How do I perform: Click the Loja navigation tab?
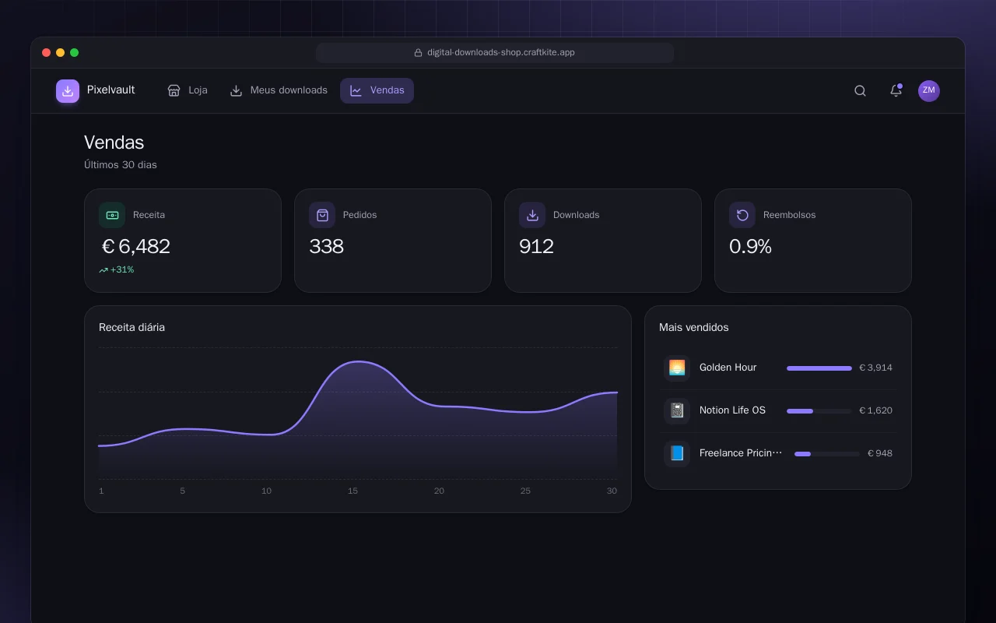click(x=188, y=90)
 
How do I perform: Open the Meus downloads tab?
click(x=279, y=90)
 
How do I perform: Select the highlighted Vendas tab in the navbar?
click(x=377, y=90)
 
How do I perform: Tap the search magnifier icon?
click(x=860, y=91)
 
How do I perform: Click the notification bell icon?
click(x=896, y=90)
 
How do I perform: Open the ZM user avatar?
click(x=929, y=91)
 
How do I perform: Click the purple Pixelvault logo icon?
click(x=68, y=91)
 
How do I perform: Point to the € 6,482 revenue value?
click(x=136, y=246)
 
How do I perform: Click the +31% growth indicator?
click(x=117, y=269)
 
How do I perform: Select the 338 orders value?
click(x=326, y=246)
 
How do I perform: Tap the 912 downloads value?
click(x=536, y=246)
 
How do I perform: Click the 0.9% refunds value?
click(x=750, y=246)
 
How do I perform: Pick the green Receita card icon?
click(x=112, y=215)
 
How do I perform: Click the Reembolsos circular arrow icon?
click(x=742, y=215)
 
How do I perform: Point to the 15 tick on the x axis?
click(x=352, y=491)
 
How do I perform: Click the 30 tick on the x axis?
click(x=612, y=491)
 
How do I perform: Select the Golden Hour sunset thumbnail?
click(x=677, y=368)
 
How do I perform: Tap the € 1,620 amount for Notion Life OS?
click(x=875, y=410)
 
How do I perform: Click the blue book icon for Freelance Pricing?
click(x=677, y=453)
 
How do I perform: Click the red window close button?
click(x=46, y=52)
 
